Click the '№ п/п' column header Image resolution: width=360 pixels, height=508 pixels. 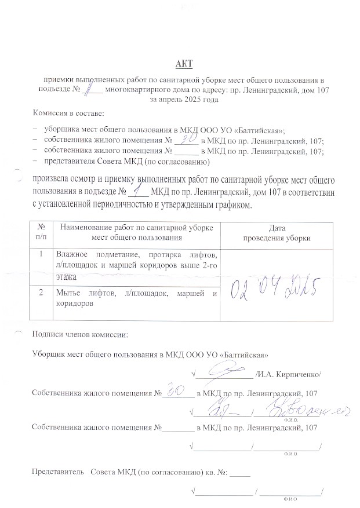(41, 233)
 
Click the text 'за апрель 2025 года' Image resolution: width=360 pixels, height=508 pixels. (184, 100)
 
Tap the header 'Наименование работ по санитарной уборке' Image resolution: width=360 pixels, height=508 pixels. (137, 229)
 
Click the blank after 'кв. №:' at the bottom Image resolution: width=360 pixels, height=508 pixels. (240, 472)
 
